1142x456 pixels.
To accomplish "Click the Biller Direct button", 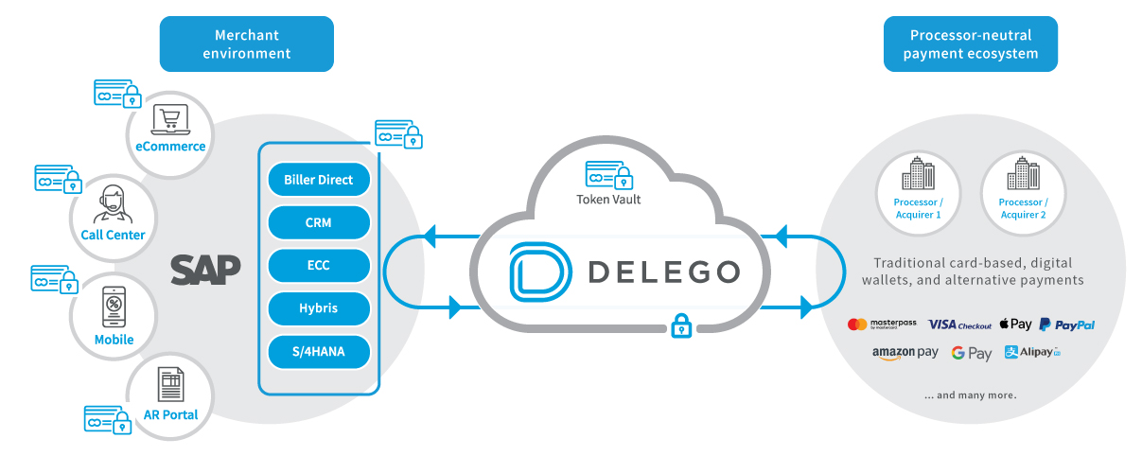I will (318, 180).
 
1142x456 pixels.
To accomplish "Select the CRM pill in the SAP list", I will (318, 223).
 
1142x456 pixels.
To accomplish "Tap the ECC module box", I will (318, 266).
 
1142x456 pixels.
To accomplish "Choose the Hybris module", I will (318, 308).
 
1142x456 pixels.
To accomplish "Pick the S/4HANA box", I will (318, 352).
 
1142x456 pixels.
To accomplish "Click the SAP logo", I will (205, 270).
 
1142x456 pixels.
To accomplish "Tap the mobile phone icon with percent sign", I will (114, 306).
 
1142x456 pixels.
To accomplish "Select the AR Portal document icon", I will (171, 385).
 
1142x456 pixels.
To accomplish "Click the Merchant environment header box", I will (246, 44).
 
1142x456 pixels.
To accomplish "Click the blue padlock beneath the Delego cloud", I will (680, 326).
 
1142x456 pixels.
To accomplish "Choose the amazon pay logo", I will (905, 353).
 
